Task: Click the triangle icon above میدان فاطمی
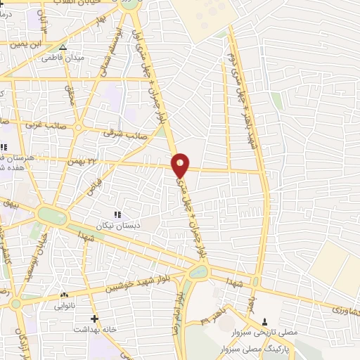[x=63, y=48]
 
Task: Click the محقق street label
[x=69, y=91]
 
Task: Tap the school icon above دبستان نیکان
[x=117, y=214]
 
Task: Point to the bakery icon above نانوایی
[x=64, y=295]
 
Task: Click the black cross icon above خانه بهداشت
[x=94, y=318]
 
